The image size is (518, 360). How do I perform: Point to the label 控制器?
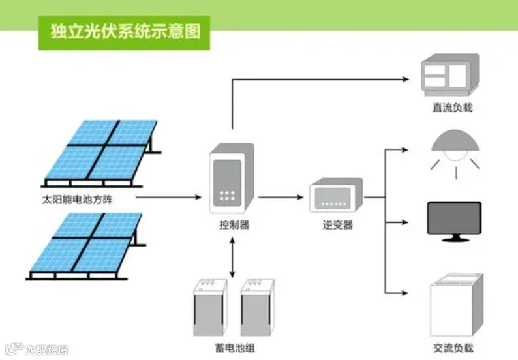234,225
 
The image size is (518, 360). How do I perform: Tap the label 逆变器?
337,225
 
